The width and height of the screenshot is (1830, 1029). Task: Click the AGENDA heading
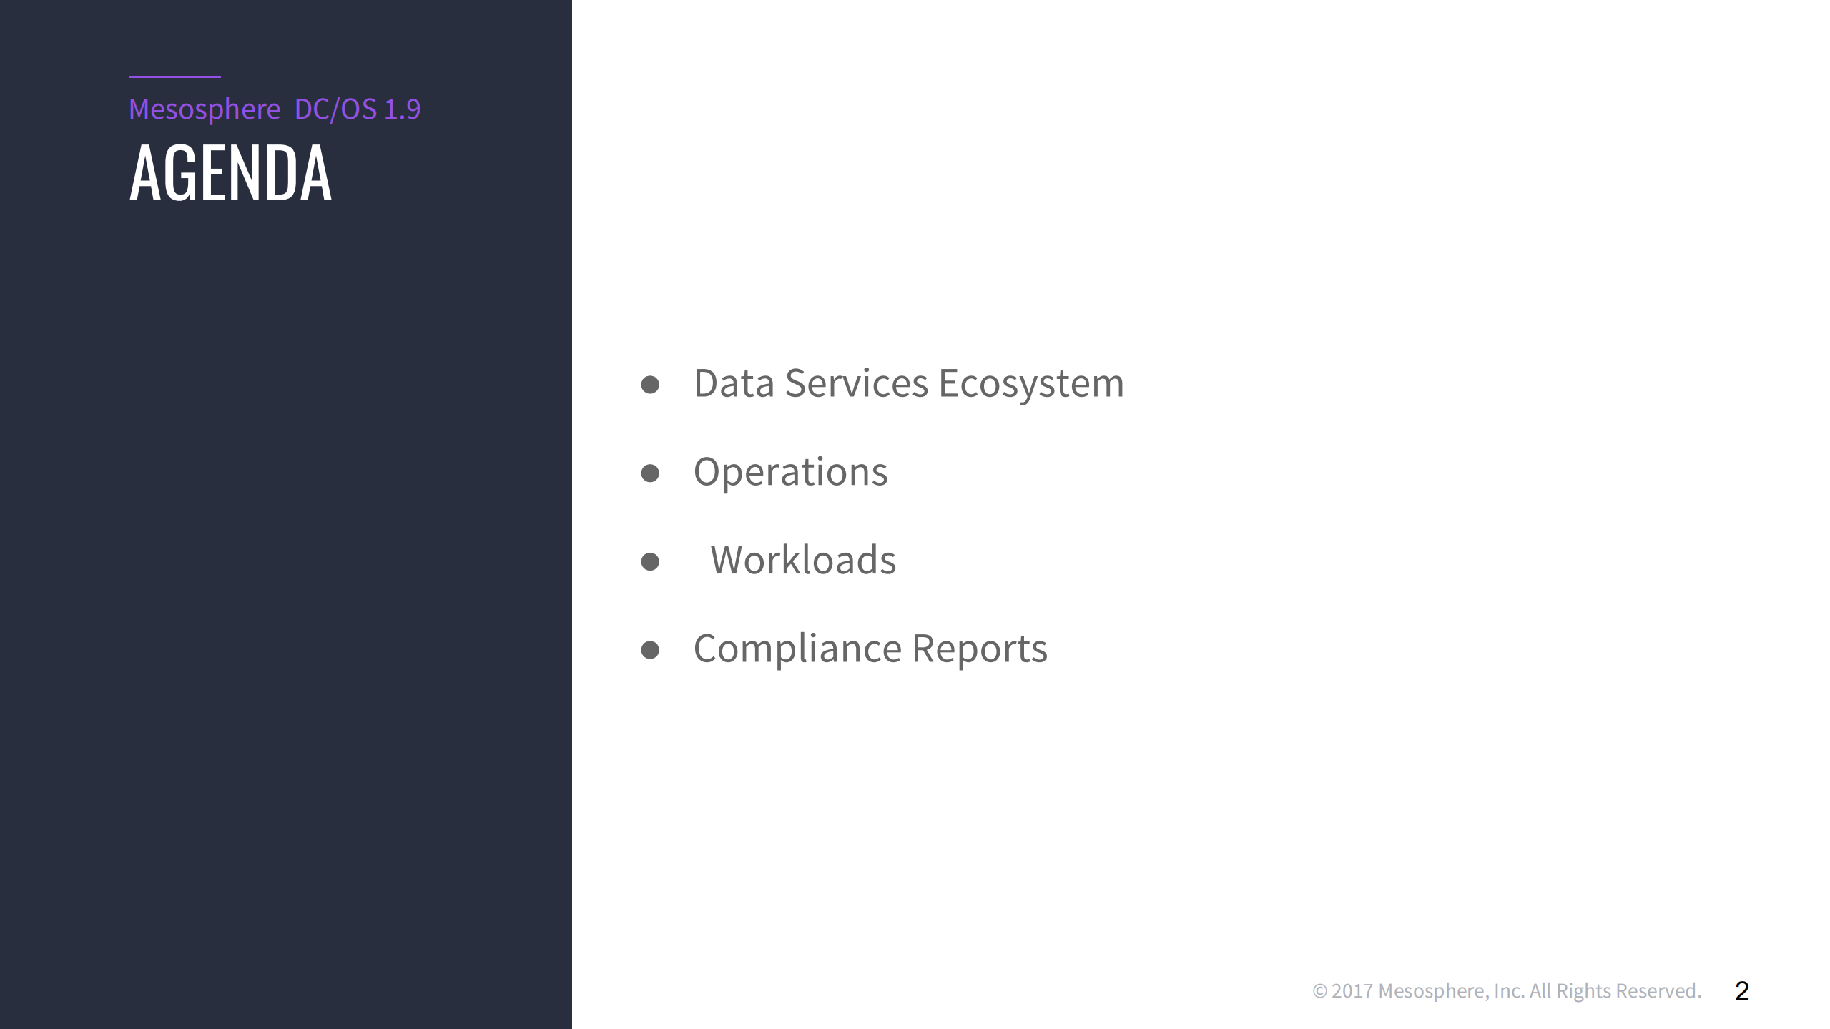point(230,173)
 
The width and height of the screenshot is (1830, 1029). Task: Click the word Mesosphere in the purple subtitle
point(205,109)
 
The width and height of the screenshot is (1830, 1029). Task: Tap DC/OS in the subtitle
point(335,109)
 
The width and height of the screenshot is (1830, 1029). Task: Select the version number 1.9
point(403,109)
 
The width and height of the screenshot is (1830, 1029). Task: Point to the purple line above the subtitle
point(174,77)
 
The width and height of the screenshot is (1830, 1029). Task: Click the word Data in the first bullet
point(734,383)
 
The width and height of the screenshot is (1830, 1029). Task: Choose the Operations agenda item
point(790,472)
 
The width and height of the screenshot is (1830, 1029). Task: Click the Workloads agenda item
point(802,560)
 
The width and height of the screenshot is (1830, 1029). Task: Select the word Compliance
point(797,649)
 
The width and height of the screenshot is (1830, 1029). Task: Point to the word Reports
point(979,649)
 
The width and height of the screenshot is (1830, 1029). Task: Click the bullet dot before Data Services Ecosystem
point(650,385)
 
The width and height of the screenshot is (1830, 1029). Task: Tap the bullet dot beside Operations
point(650,473)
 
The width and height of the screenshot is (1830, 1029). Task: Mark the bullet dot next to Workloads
point(650,561)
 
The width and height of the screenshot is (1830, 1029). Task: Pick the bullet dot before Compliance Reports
point(650,650)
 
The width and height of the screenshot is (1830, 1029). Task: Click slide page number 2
point(1742,991)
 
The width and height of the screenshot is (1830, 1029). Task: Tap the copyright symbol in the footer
point(1319,991)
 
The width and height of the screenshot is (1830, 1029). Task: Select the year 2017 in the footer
point(1352,991)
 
